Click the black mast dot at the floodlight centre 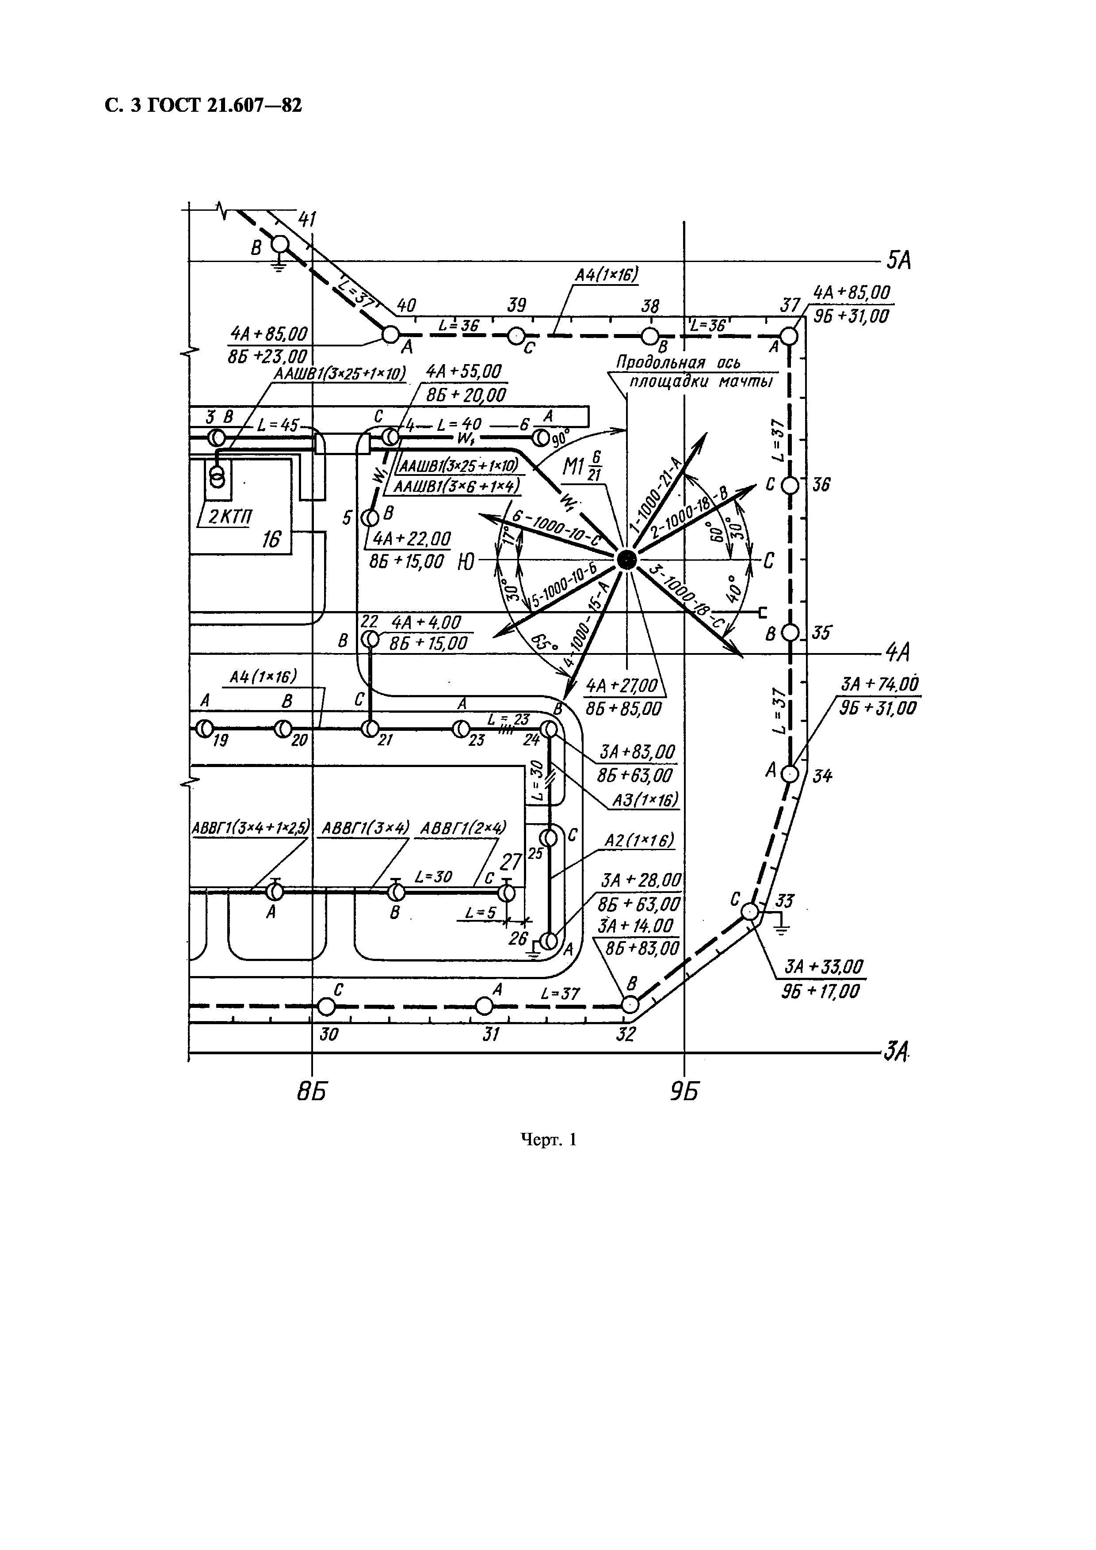point(626,559)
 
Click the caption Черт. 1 point(548,1140)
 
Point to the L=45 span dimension point(278,425)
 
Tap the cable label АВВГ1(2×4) point(463,828)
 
